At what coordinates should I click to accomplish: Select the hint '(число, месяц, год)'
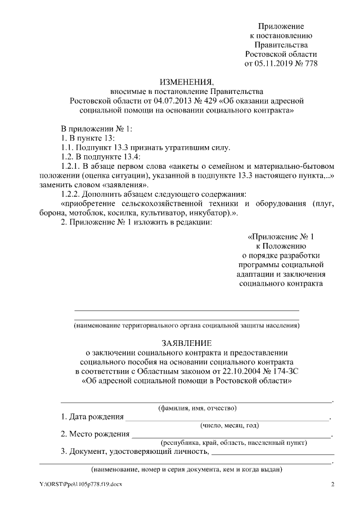(229, 425)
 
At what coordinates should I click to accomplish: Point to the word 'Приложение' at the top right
(281, 26)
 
